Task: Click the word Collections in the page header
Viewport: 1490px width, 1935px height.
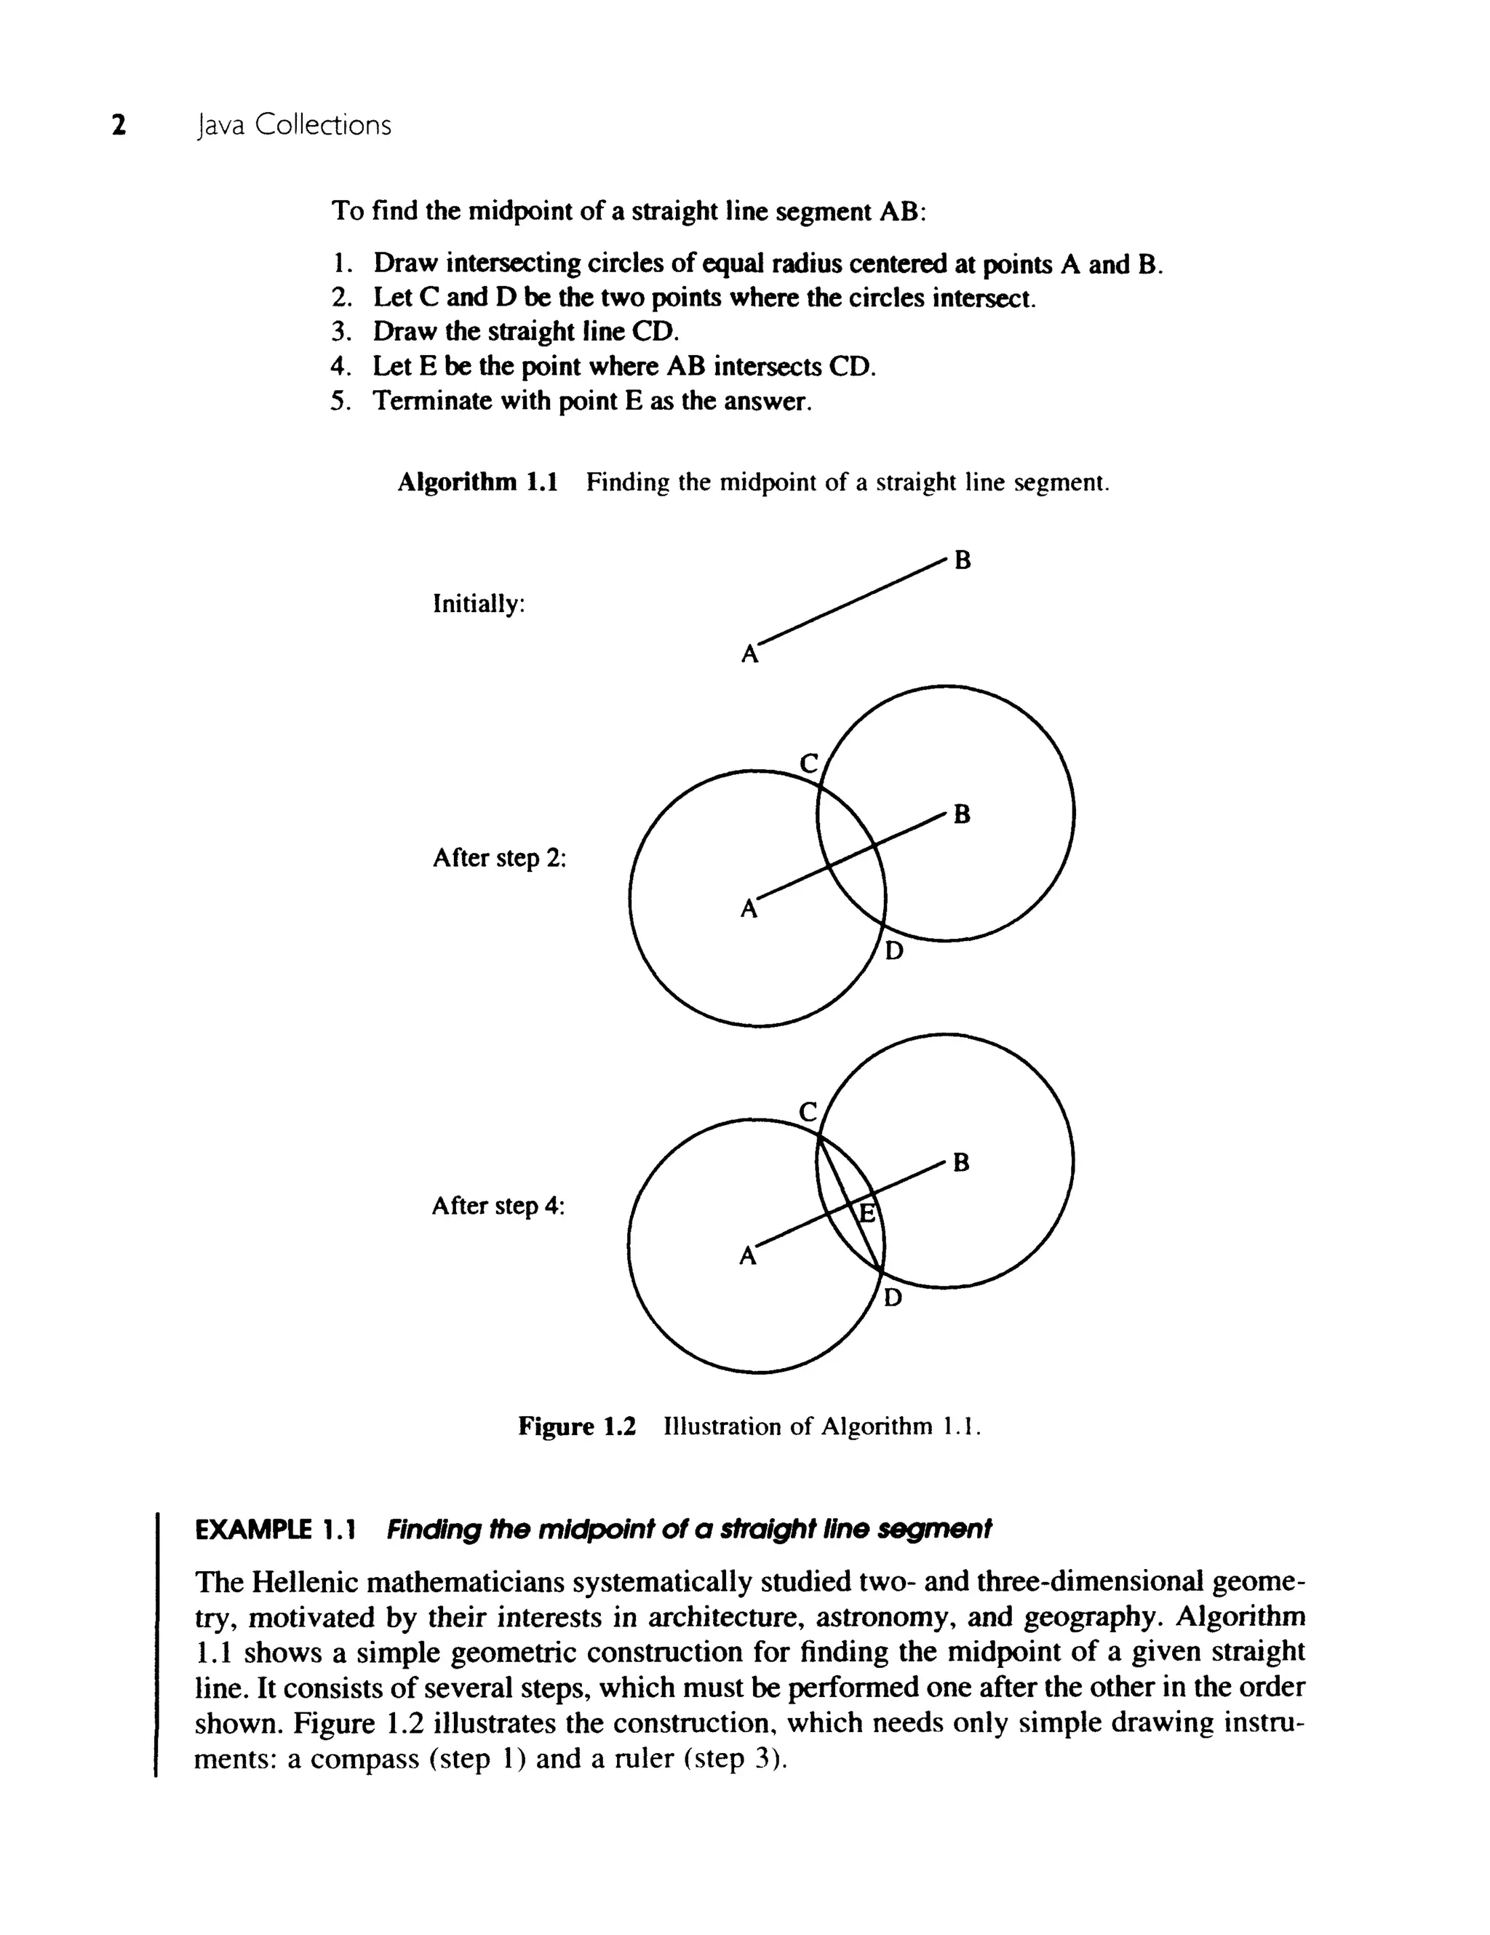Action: (322, 125)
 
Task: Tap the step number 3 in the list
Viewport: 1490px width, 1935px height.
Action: (338, 333)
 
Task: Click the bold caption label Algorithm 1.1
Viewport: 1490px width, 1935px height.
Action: (477, 483)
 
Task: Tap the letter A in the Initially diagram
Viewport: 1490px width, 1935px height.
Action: (749, 655)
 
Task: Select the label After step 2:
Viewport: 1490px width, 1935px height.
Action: (498, 859)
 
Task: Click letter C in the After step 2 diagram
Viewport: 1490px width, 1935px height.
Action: (809, 762)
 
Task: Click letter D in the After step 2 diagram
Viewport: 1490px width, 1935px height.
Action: (895, 952)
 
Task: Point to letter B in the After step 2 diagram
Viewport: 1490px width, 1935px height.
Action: (962, 814)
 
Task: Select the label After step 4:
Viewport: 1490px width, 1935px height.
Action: (498, 1206)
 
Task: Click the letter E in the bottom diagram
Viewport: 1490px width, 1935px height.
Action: (868, 1214)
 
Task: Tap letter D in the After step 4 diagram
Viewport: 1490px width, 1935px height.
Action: (893, 1298)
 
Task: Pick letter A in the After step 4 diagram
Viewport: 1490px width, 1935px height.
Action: (749, 1256)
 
